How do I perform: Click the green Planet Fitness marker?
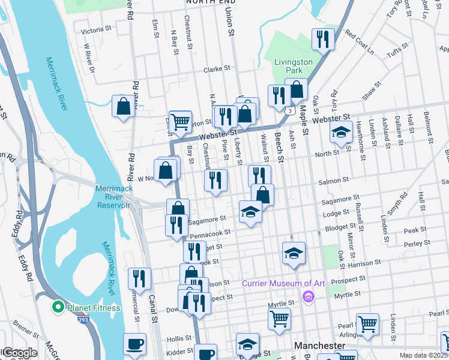click(58, 308)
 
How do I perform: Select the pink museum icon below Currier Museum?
click(309, 295)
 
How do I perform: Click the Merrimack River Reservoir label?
click(113, 197)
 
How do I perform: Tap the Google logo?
click(19, 353)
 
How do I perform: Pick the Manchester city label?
click(320, 346)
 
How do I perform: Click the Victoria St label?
click(96, 30)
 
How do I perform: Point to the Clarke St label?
click(217, 69)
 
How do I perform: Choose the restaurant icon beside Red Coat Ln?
click(323, 40)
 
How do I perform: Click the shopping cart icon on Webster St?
click(180, 122)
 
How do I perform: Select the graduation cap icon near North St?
click(341, 133)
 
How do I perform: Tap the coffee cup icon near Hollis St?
click(134, 344)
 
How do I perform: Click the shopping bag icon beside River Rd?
click(123, 107)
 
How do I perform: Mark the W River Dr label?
click(89, 58)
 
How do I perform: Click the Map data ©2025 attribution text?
click(423, 355)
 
